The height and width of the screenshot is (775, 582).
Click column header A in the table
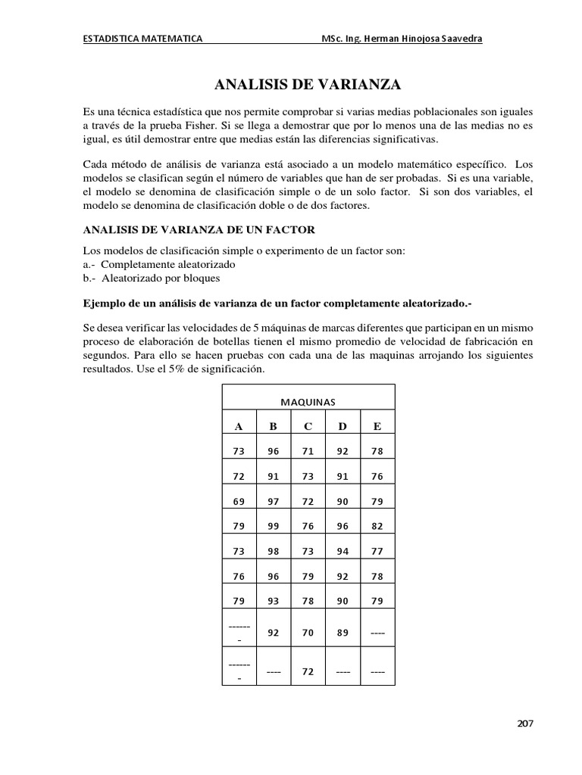tap(238, 426)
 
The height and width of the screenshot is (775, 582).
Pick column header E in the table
tap(377, 426)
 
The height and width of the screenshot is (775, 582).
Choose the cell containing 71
tap(308, 451)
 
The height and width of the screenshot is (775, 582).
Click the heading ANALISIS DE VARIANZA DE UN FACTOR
tap(198, 229)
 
